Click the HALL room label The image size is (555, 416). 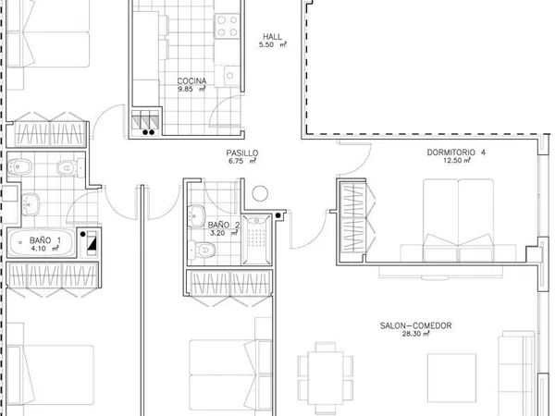click(272, 36)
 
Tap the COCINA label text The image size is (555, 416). click(191, 81)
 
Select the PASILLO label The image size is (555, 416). click(242, 153)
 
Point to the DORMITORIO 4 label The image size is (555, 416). click(456, 153)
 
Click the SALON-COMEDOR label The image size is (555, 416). click(416, 325)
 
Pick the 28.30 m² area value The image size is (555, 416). click(416, 334)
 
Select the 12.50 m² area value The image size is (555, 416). click(457, 160)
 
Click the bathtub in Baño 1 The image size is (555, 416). click(42, 242)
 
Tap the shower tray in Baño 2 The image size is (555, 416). click(256, 239)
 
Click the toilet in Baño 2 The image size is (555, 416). click(201, 249)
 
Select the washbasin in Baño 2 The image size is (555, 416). click(196, 215)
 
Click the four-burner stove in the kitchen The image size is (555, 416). click(228, 26)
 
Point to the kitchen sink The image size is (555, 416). click(230, 76)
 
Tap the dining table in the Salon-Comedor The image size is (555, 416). click(326, 377)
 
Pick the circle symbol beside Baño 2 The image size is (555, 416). click(260, 193)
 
